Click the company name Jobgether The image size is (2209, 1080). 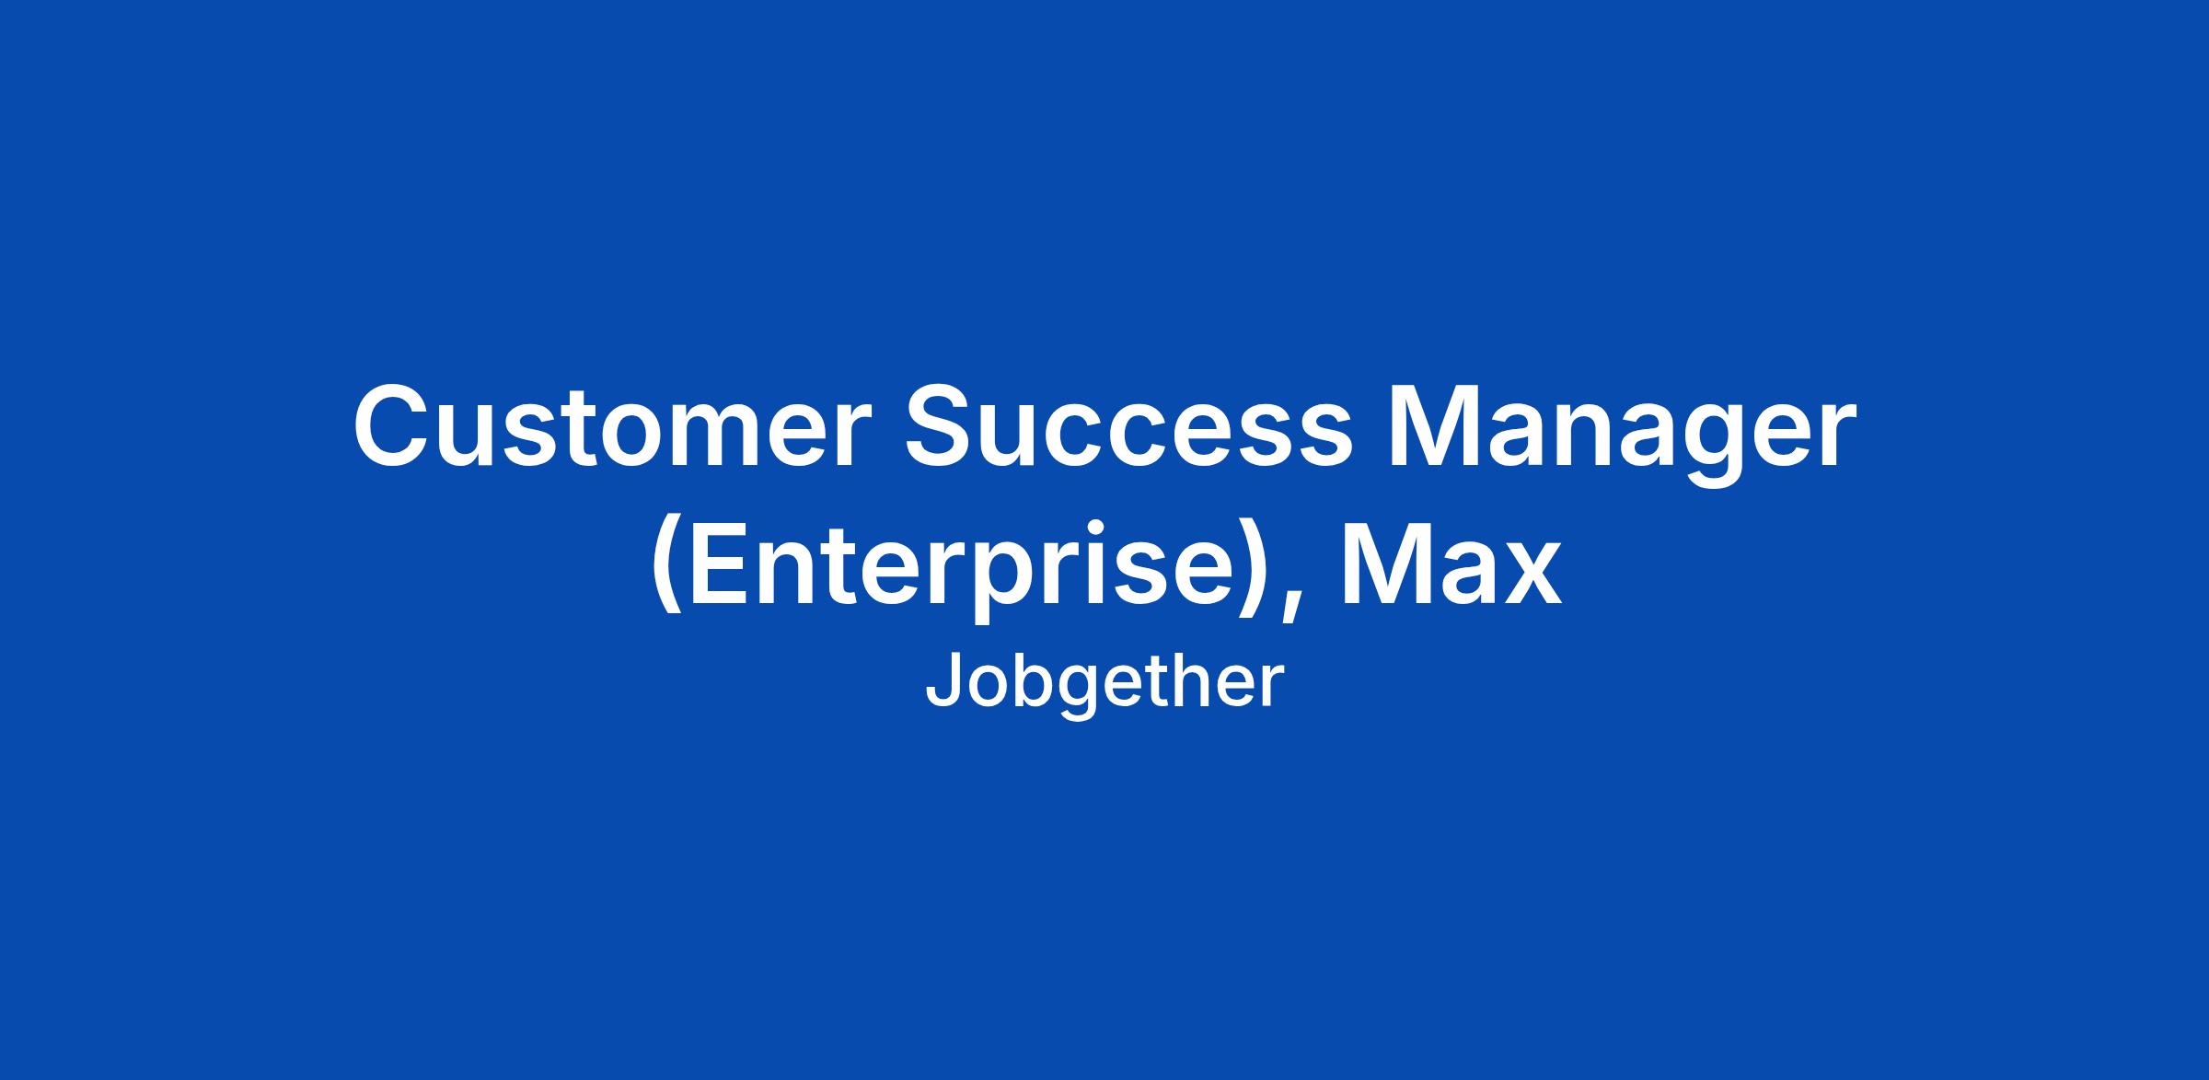point(1104,682)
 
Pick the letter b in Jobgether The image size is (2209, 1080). point(1029,680)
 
